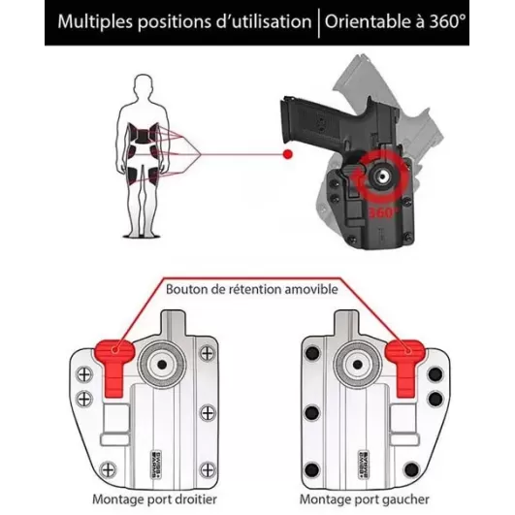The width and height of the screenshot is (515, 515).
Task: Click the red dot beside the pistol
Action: pyautogui.click(x=287, y=153)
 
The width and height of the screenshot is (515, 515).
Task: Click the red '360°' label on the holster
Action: pyautogui.click(x=381, y=210)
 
